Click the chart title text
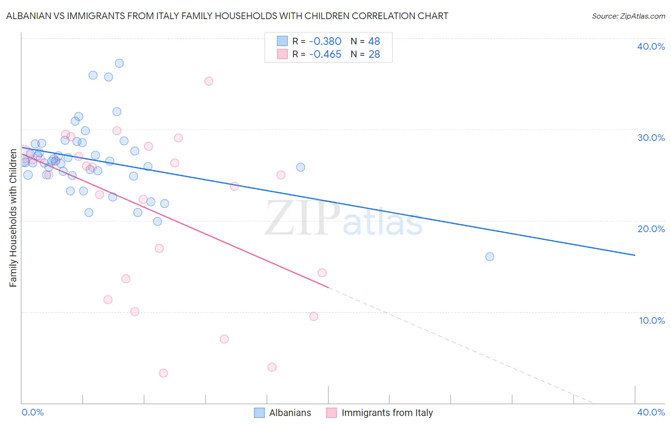click(227, 16)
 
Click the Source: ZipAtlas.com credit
click(628, 16)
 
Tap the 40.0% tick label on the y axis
click(651, 46)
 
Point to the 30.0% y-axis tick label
click(651, 138)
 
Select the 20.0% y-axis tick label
click(651, 229)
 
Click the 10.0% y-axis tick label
click(652, 320)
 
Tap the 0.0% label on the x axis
click(32, 412)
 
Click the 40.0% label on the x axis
click(651, 412)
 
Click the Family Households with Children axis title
click(13, 218)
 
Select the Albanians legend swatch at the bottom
click(259, 413)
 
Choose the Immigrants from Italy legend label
click(387, 413)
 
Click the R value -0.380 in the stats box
click(325, 41)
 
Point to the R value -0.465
click(325, 54)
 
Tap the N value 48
click(374, 41)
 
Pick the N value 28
click(374, 54)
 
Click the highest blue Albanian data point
click(119, 63)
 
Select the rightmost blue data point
click(490, 256)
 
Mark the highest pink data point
click(209, 81)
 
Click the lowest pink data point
click(163, 373)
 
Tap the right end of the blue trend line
click(635, 255)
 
